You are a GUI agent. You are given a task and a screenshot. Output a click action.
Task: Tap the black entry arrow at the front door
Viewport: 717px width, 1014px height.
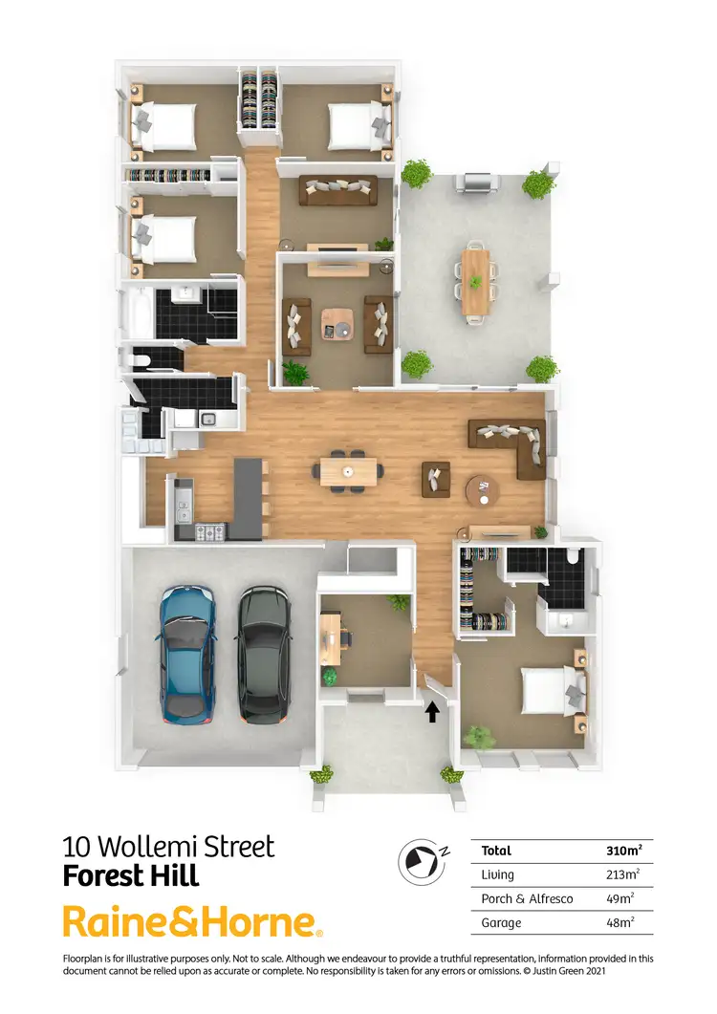coord(432,711)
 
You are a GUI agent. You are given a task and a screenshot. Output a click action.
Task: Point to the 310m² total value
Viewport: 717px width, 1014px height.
coord(623,850)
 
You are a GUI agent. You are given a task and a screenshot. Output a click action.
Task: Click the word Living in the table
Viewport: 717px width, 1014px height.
coord(498,874)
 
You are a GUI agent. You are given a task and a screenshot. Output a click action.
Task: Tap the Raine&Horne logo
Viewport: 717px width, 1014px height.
coord(192,921)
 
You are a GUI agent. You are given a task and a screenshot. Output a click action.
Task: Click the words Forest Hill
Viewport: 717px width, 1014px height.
coord(131,875)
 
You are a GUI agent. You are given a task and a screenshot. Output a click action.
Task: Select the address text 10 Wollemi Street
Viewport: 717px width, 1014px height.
coord(168,847)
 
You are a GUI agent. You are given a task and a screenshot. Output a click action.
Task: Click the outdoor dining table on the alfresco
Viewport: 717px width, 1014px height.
coord(475,281)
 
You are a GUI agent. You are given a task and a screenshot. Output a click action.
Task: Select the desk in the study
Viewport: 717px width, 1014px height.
coord(331,637)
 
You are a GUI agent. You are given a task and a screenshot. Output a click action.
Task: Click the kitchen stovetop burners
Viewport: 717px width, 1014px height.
coord(211,531)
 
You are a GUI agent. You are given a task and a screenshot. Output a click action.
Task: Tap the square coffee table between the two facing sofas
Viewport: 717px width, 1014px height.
coord(337,323)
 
